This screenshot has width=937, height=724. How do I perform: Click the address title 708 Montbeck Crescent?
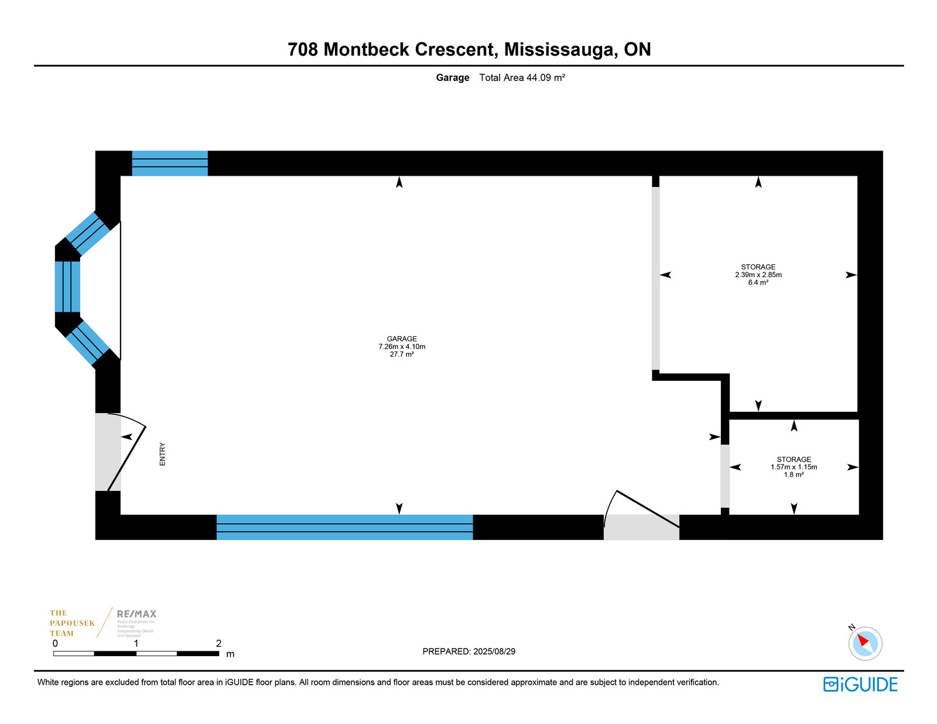pos(468,49)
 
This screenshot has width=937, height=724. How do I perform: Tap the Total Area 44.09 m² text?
pos(522,77)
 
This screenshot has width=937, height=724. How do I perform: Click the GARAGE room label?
pos(402,339)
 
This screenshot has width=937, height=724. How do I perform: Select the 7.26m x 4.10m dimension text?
pos(402,347)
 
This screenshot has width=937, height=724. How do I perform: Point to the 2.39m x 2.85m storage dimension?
pos(758,275)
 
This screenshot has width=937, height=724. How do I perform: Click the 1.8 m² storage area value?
pos(794,475)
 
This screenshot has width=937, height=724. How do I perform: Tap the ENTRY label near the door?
pos(163,454)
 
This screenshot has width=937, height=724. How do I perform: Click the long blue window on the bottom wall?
pos(344,527)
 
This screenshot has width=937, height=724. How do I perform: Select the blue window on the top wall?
pos(170,163)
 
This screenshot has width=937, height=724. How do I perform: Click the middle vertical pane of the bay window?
pos(67,286)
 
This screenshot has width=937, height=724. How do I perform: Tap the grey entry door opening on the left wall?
pos(108,452)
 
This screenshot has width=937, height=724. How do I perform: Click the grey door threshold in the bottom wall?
pos(641,527)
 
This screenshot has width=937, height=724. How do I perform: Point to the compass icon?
pos(864,643)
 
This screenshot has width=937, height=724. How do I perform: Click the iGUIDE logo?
pos(860,684)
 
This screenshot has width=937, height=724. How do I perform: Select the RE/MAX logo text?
pos(136,614)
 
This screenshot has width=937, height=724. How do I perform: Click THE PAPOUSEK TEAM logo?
pos(72,623)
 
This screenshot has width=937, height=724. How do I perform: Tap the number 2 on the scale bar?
pos(218,643)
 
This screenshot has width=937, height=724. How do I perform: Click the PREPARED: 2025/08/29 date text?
pos(468,651)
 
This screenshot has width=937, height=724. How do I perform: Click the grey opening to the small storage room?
pos(725,476)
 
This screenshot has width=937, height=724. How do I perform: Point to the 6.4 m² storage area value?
pos(758,282)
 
